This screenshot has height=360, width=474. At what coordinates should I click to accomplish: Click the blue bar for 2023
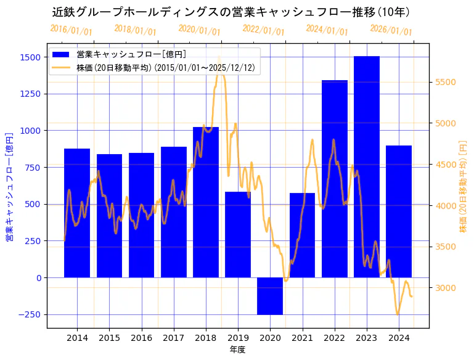(367, 166)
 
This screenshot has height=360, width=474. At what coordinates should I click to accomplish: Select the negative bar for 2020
(270, 296)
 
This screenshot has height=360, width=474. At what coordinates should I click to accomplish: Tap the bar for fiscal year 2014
(77, 213)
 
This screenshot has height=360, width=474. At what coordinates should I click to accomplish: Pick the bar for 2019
(238, 234)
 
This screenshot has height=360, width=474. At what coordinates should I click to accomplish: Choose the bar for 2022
(335, 179)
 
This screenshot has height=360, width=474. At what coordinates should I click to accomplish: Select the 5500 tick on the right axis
(446, 83)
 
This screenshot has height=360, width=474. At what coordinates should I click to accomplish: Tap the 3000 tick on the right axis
(446, 288)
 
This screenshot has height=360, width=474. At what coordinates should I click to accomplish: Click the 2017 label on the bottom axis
(174, 338)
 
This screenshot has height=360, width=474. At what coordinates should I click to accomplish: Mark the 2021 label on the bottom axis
(302, 338)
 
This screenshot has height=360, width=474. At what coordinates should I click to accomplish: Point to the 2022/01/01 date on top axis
(263, 30)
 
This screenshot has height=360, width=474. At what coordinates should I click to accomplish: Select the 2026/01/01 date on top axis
(391, 30)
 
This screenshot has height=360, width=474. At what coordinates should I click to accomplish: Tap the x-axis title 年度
(238, 350)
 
